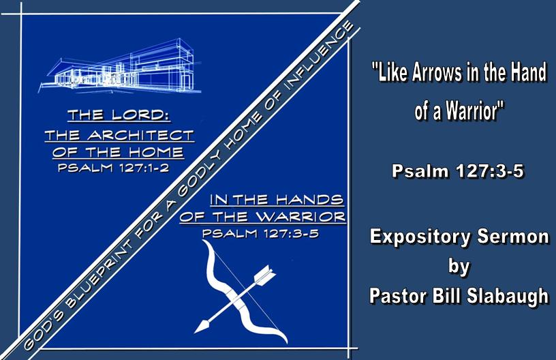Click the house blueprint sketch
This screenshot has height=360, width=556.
[120, 67]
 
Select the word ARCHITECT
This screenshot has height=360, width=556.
[141, 135]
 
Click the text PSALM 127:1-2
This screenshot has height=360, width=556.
[113, 167]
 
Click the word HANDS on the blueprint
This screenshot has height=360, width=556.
[309, 199]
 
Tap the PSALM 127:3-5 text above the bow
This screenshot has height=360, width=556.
[260, 233]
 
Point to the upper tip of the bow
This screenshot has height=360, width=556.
[204, 241]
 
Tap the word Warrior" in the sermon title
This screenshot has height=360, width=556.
[474, 110]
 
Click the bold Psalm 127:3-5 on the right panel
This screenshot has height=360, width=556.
[457, 171]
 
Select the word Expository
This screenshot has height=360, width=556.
[420, 237]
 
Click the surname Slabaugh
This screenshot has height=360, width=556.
[508, 295]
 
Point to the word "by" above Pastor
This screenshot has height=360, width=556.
[459, 267]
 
